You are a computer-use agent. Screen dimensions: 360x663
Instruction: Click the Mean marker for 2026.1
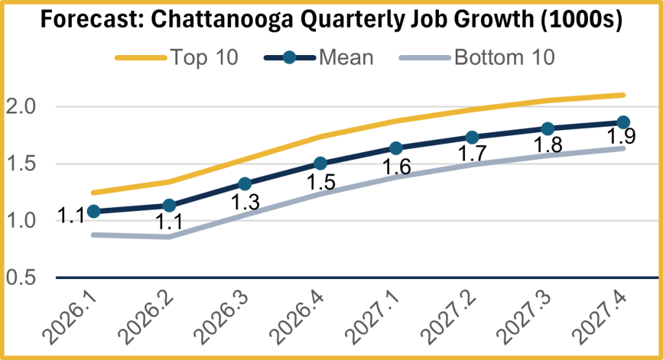[x=93, y=211]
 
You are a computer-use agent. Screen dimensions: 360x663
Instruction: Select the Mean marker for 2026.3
[x=245, y=184]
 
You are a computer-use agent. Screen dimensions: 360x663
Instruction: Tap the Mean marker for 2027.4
[x=623, y=122]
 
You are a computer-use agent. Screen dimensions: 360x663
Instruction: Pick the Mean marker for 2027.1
[x=396, y=149]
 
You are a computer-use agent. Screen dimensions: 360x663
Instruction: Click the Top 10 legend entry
[x=177, y=57]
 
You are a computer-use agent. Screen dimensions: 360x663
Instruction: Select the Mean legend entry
[x=319, y=57]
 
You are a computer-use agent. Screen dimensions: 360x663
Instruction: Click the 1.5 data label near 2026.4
[x=320, y=182]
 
